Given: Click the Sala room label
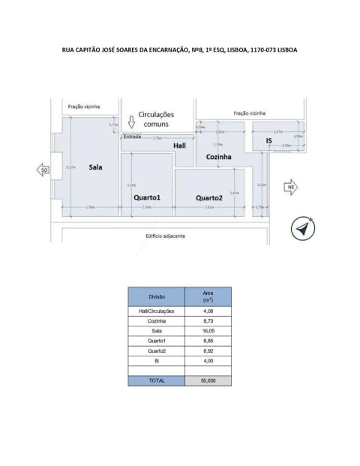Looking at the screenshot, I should (95, 167).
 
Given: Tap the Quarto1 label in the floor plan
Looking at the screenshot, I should (147, 197).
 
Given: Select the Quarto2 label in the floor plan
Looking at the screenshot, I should (209, 198).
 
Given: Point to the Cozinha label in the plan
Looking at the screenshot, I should (218, 157).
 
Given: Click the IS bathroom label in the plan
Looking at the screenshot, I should (268, 140).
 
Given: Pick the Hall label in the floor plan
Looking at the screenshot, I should (179, 145).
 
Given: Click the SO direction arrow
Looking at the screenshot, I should (44, 170).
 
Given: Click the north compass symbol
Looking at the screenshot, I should (303, 229).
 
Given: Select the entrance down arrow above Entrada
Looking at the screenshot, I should (130, 122).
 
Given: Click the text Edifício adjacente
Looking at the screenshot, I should (165, 236).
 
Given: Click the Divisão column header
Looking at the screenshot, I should (156, 296).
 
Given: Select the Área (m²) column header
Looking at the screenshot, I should (208, 296).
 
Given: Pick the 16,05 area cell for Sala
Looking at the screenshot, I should (208, 330).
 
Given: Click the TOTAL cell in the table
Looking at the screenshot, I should (156, 380).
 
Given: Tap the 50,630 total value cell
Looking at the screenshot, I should (208, 380).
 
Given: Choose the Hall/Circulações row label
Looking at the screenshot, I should (156, 311).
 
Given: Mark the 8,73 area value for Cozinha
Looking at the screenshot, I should (208, 320).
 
